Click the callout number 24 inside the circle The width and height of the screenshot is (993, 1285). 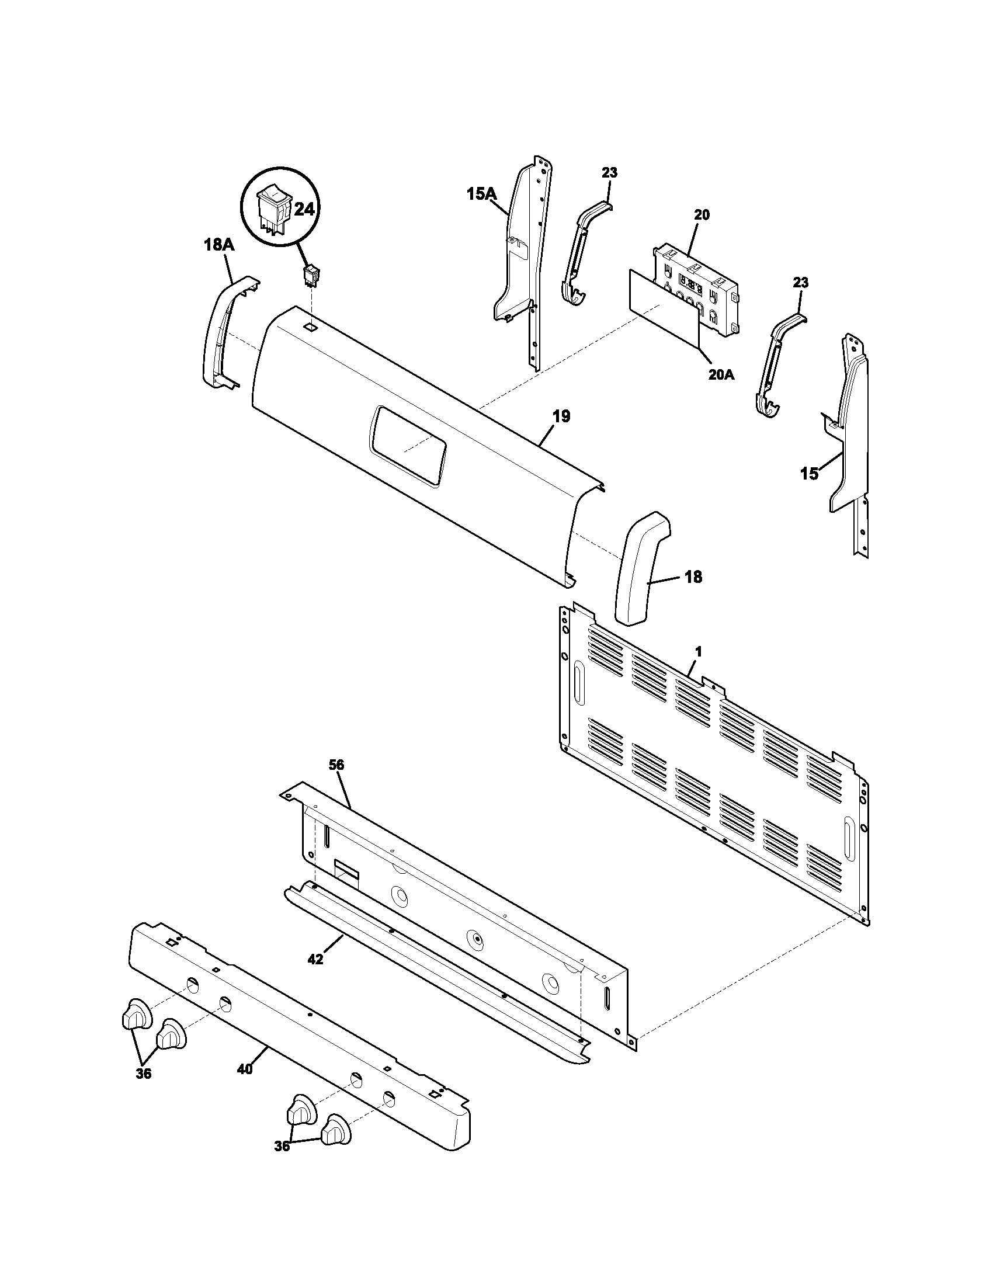point(303,210)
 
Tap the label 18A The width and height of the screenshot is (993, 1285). point(219,245)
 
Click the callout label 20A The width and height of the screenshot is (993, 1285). point(721,374)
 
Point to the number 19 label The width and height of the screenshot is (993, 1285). point(561,416)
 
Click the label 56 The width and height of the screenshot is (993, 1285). point(336,765)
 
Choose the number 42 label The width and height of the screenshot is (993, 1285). point(315,959)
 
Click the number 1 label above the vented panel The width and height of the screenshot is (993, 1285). point(698,652)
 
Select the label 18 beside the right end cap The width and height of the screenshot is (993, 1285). point(693,577)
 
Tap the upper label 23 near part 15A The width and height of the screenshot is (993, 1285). point(609,172)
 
